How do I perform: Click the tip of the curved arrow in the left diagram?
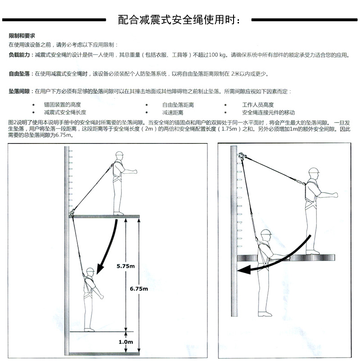pyautogui.click(x=98, y=274)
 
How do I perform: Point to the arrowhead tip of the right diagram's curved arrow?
pyautogui.click(x=237, y=270)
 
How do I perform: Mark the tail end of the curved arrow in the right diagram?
pyautogui.click(x=310, y=235)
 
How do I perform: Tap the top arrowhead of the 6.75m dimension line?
pyautogui.click(x=139, y=219)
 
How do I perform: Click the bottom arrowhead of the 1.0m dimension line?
pyautogui.click(x=126, y=352)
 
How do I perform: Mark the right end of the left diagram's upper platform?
pyautogui.click(x=139, y=216)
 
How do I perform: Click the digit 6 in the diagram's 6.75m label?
pyautogui.click(x=131, y=289)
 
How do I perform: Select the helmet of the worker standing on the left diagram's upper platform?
pyautogui.click(x=119, y=154)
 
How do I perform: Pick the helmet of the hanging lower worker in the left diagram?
pyautogui.click(x=90, y=270)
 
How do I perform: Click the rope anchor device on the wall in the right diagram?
pyautogui.click(x=241, y=156)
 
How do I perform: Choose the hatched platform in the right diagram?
pyautogui.click(x=286, y=257)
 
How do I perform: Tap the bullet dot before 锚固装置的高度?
pyautogui.click(x=34, y=105)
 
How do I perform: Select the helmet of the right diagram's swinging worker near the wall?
pyautogui.click(x=266, y=233)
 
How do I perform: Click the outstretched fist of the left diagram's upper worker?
pyautogui.click(x=135, y=172)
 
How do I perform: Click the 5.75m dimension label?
pyautogui.click(x=126, y=266)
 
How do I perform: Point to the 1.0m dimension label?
pyautogui.click(x=126, y=342)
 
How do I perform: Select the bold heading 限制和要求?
pyautogui.click(x=22, y=36)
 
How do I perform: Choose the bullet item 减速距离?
pyautogui.click(x=173, y=112)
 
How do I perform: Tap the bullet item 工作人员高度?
pyautogui.click(x=258, y=105)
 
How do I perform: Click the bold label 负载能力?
pyautogui.click(x=19, y=55)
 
